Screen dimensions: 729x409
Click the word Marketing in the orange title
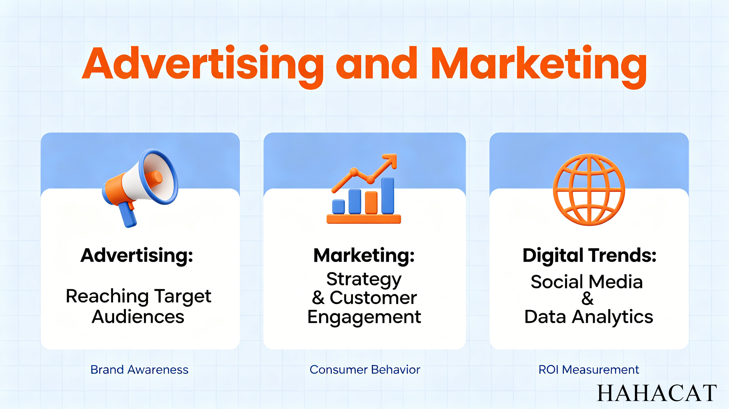point(538,66)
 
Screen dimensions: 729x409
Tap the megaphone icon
point(140,187)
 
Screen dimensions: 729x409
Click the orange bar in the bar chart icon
point(371,203)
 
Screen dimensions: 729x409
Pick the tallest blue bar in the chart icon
point(387,195)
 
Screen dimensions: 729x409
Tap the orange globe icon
point(589,190)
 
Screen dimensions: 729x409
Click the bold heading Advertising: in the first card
point(137,255)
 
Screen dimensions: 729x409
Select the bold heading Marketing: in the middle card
point(364,255)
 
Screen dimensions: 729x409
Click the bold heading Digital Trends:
point(589,255)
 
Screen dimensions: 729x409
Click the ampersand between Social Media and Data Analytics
point(588,298)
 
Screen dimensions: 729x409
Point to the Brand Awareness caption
point(140,370)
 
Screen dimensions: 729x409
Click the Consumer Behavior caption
point(365,370)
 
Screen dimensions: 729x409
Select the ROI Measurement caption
point(589,370)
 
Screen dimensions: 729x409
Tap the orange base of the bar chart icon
point(364,219)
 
